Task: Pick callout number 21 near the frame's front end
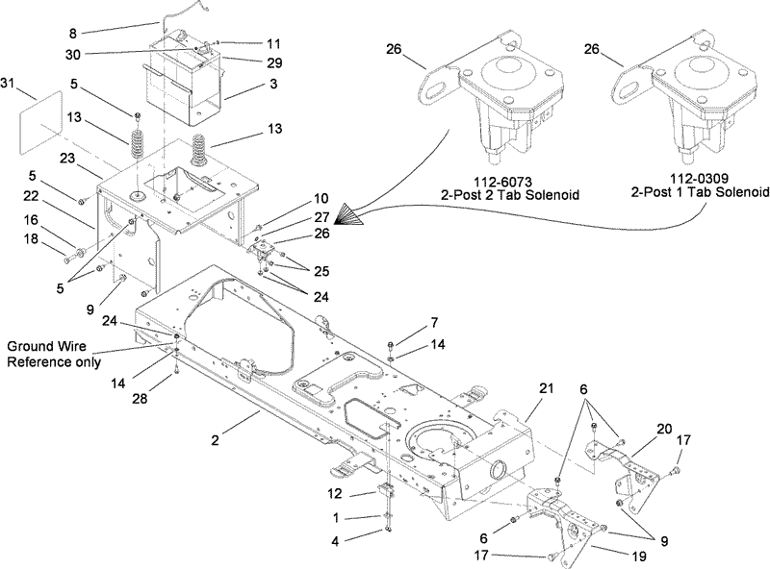(x=546, y=388)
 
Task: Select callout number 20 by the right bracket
(x=664, y=429)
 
